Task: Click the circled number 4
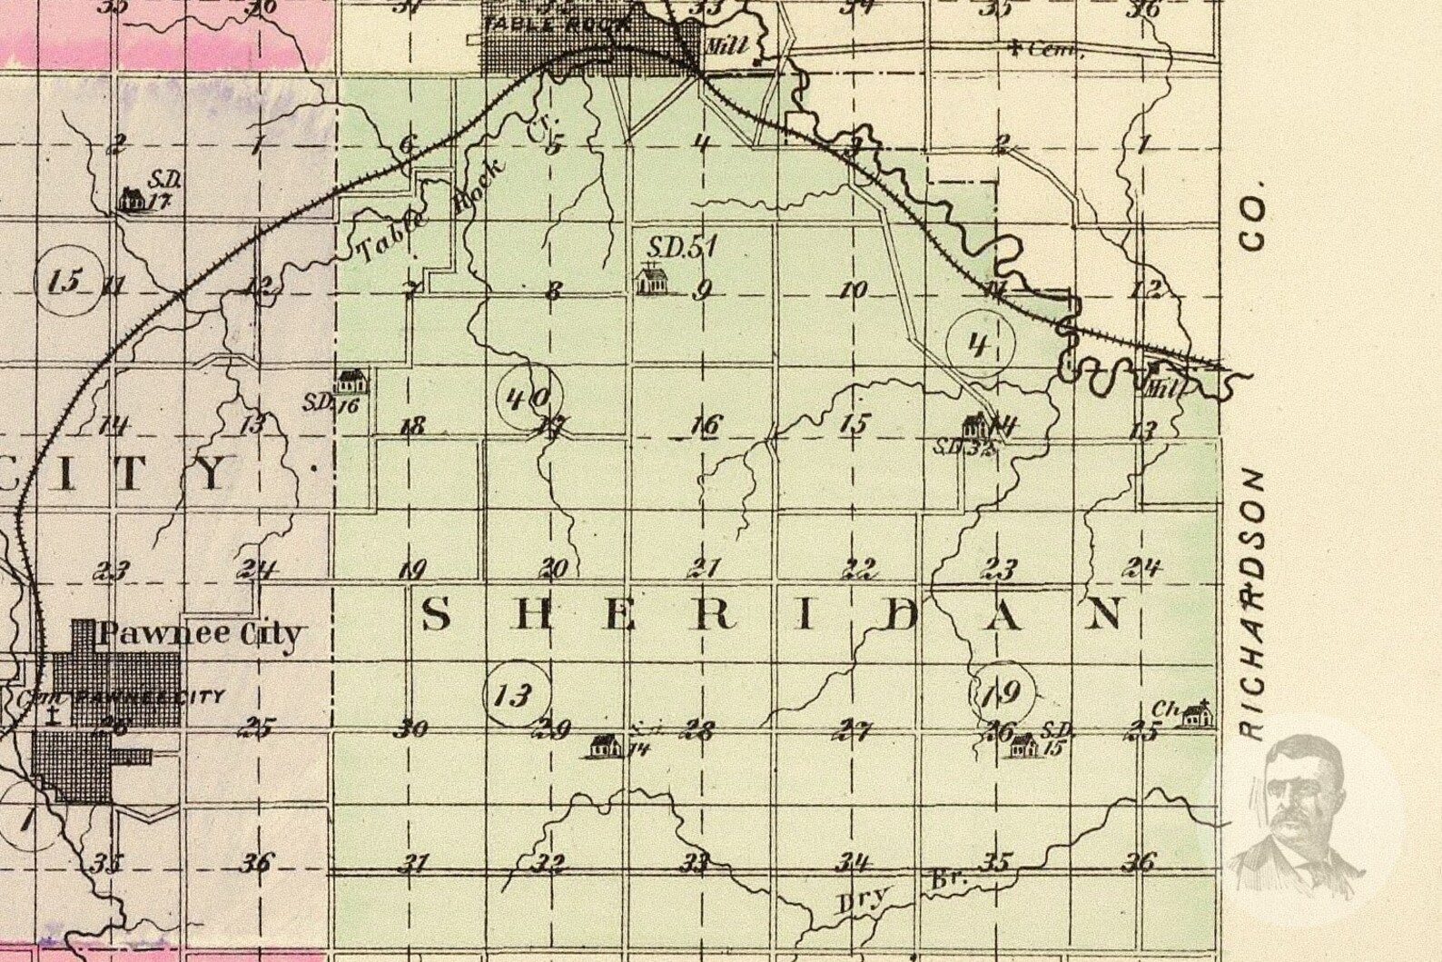tap(978, 345)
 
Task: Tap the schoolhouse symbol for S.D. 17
tap(132, 199)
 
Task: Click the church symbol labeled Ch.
tap(1200, 714)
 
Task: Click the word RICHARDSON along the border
tap(1253, 604)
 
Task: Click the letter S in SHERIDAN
tap(436, 615)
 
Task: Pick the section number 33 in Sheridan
tap(695, 861)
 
